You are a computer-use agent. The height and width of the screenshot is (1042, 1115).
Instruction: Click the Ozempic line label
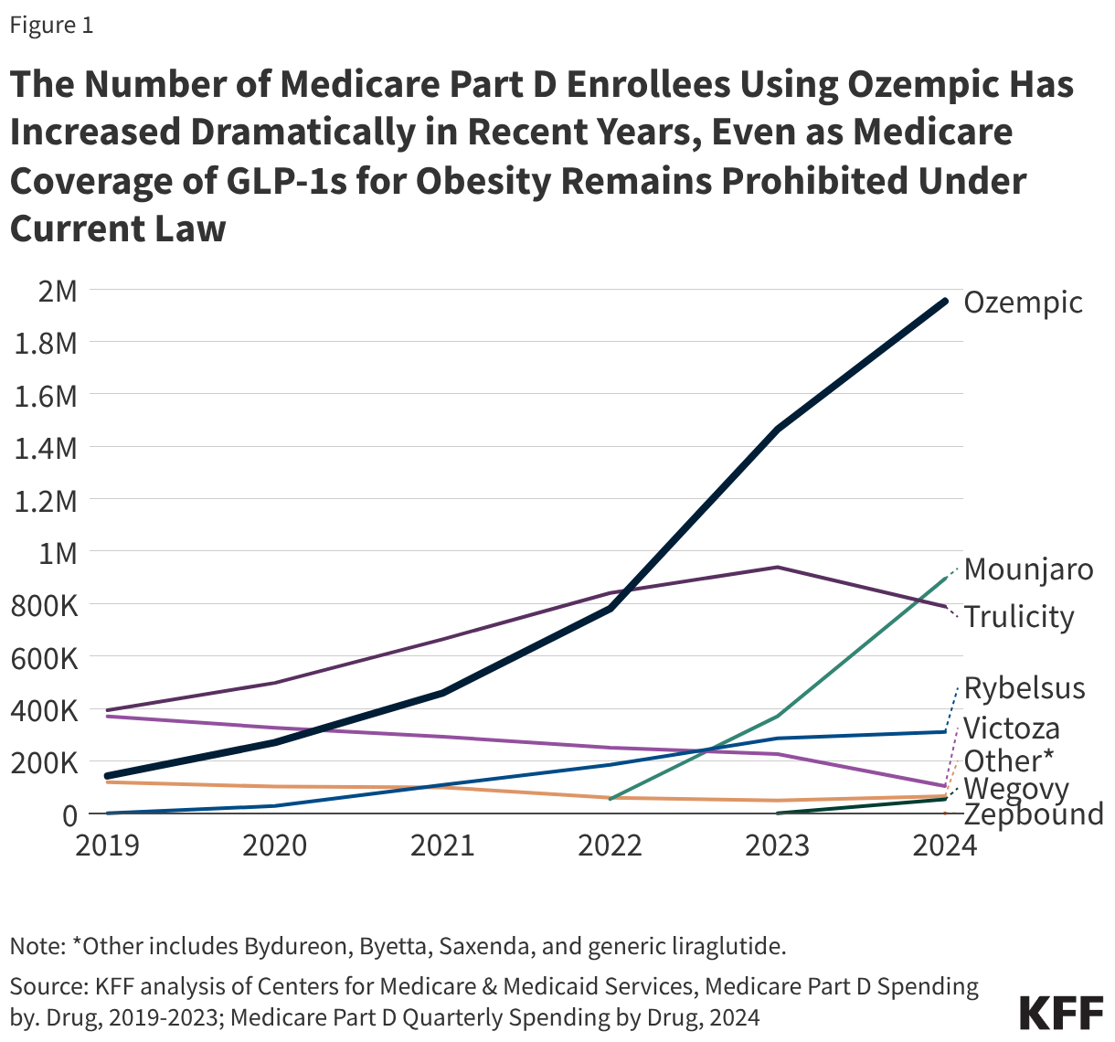(1023, 303)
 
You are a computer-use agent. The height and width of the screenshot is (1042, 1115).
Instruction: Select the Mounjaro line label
(1028, 569)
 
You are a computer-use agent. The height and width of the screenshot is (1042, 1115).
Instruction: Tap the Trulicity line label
(1019, 617)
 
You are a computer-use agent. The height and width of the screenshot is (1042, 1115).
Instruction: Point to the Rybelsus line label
(1025, 688)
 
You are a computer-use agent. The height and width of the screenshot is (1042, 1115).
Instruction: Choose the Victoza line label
(1012, 728)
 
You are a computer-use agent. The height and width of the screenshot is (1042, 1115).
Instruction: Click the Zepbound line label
(1034, 814)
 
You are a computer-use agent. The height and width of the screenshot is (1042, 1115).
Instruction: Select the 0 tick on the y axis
(69, 813)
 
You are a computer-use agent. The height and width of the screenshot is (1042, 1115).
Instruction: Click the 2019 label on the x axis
(108, 845)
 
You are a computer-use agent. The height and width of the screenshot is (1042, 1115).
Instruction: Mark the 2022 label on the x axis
(611, 845)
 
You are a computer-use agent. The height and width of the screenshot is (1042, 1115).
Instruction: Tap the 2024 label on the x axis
(945, 845)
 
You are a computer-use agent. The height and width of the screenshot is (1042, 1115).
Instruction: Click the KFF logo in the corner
(1060, 1014)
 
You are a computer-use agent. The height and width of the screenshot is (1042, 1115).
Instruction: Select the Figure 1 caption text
(51, 25)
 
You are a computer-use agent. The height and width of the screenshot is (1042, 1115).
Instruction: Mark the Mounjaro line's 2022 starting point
(611, 798)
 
